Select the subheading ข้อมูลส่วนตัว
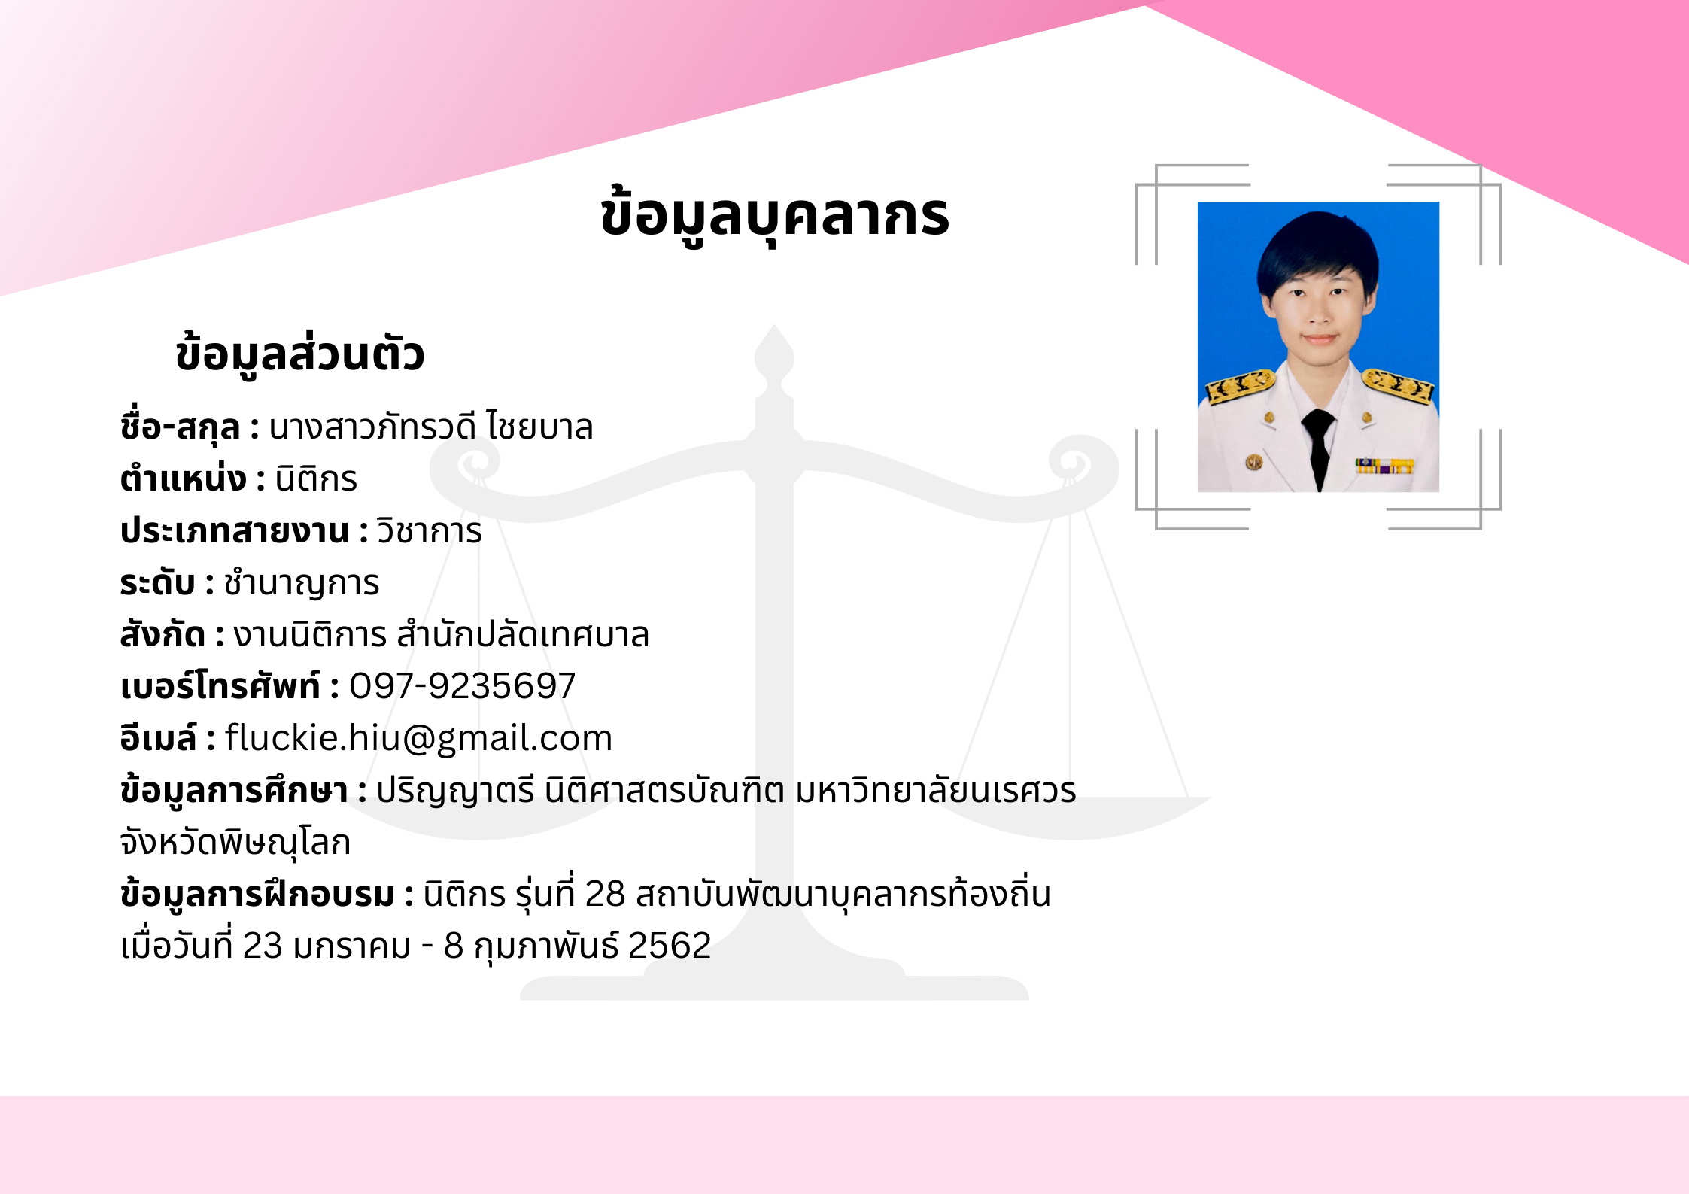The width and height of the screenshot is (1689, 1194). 300,354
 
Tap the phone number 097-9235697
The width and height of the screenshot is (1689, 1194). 462,686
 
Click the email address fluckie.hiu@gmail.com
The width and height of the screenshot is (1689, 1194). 418,739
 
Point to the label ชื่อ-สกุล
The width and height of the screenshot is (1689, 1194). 181,427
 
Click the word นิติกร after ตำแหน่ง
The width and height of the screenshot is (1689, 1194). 316,479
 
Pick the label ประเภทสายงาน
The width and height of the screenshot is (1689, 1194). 235,530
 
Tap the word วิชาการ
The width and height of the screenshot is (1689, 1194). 429,530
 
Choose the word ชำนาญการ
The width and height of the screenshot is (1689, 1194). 302,583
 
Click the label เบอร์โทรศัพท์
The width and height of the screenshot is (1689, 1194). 220,685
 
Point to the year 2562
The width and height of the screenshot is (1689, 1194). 670,946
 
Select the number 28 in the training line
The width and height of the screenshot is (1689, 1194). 605,894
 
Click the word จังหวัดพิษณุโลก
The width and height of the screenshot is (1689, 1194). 235,842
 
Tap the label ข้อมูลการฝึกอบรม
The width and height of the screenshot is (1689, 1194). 257,895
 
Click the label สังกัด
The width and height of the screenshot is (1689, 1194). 163,633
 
